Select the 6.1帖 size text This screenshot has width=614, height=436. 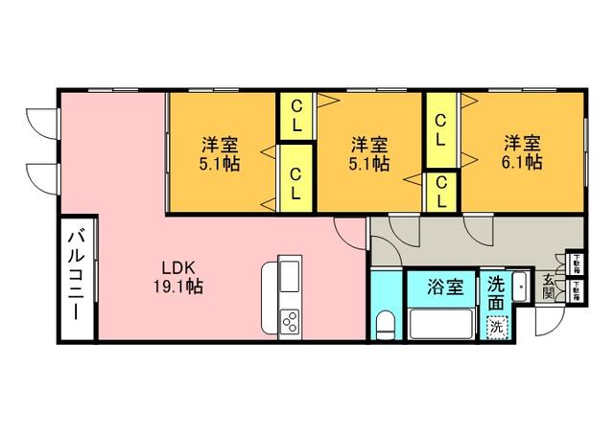pos(523,163)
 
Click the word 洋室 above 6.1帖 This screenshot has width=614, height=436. pos(523,144)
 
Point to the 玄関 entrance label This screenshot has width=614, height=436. pos(548,287)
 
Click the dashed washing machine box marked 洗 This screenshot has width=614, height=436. pos(496,327)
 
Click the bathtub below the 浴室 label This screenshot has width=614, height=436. pos(440,323)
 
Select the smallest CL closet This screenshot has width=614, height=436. pos(440,191)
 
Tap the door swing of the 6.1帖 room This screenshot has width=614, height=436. pos(477,227)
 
